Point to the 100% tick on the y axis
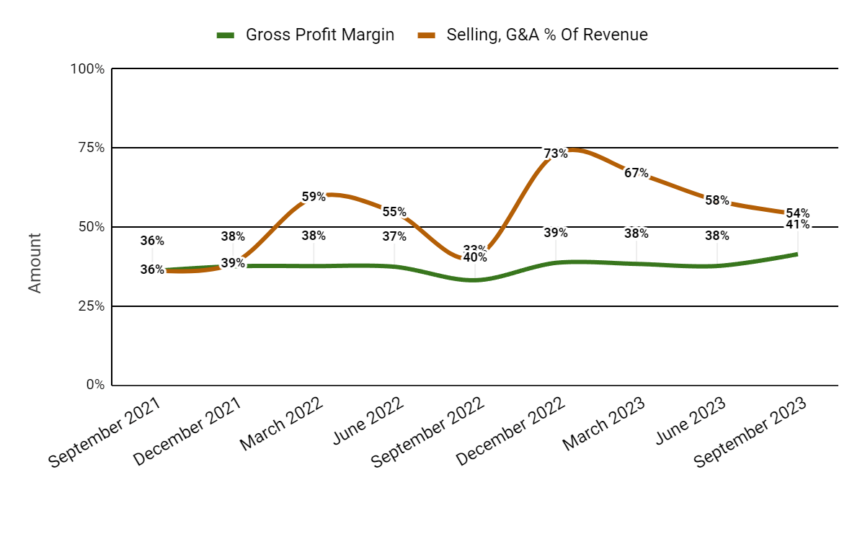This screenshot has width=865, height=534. coord(88,69)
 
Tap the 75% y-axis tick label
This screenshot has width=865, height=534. coord(91,148)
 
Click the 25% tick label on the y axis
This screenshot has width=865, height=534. coord(91,306)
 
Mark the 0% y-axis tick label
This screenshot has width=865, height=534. coord(94,385)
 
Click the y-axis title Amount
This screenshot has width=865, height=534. coord(35,262)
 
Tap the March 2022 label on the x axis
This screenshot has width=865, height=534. coord(281,426)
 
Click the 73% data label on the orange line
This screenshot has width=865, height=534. coord(556,153)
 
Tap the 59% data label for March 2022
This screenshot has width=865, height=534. coord(314,196)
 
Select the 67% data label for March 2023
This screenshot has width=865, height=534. coord(636,173)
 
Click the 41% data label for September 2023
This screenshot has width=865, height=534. coord(798,224)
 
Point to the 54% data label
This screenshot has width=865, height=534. coord(798,213)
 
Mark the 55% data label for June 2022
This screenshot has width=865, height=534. coord(394,212)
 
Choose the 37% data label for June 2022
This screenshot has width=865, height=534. coord(394,236)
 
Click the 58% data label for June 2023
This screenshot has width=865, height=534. coord(717,200)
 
